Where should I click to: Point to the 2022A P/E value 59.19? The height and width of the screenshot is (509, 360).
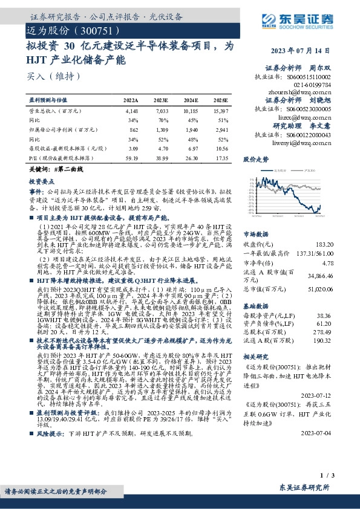pos(131,157)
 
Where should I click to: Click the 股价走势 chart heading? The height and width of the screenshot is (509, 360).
pos(256,160)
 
